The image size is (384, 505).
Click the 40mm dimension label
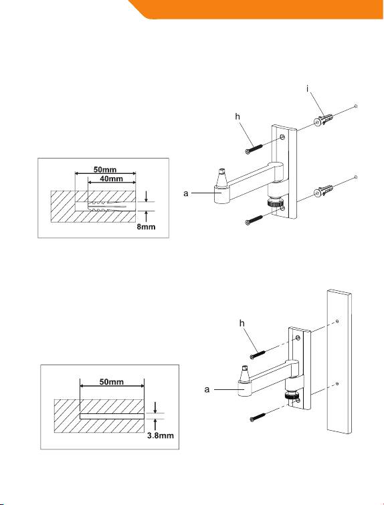click(111, 179)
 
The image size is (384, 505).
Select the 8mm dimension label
click(146, 227)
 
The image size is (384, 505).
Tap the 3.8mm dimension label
click(161, 435)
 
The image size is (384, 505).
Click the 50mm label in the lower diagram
click(112, 382)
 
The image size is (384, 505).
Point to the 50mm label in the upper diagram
click(105, 169)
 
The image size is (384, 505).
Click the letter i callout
click(308, 89)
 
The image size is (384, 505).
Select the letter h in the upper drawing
click(237, 116)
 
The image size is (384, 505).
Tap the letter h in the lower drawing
click(242, 323)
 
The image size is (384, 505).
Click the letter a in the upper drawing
click(186, 193)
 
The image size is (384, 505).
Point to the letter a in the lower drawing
click(207, 390)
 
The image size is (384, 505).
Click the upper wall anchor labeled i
click(323, 121)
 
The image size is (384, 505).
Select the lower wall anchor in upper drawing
click(323, 191)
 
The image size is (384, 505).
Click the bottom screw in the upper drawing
click(254, 219)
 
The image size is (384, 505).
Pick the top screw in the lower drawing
click(258, 354)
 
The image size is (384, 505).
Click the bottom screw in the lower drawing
click(258, 417)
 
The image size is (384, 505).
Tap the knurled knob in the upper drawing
click(276, 203)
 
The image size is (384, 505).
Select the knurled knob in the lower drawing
click(292, 396)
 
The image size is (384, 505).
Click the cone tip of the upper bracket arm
click(221, 177)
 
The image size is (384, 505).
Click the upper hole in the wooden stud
click(337, 321)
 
